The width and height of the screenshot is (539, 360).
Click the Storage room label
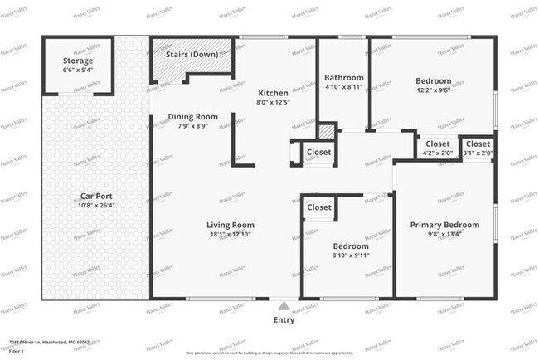tap(78, 61)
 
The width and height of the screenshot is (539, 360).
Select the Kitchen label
tap(273, 92)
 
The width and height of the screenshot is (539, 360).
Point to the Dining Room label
tap(193, 117)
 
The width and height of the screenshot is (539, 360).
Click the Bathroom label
tap(343, 77)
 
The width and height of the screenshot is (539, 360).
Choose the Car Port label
tap(97, 197)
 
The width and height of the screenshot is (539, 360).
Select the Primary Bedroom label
tap(444, 225)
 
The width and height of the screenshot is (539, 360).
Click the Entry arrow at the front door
tap(284, 304)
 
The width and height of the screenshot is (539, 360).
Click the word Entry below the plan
tap(284, 319)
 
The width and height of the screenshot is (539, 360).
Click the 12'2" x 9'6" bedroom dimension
tap(433, 92)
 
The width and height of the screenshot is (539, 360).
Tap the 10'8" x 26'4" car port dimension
tap(97, 207)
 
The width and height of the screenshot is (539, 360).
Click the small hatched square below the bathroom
tap(327, 131)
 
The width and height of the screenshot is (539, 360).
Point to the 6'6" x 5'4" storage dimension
tap(78, 71)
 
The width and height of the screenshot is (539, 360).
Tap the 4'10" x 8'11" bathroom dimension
tap(343, 87)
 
